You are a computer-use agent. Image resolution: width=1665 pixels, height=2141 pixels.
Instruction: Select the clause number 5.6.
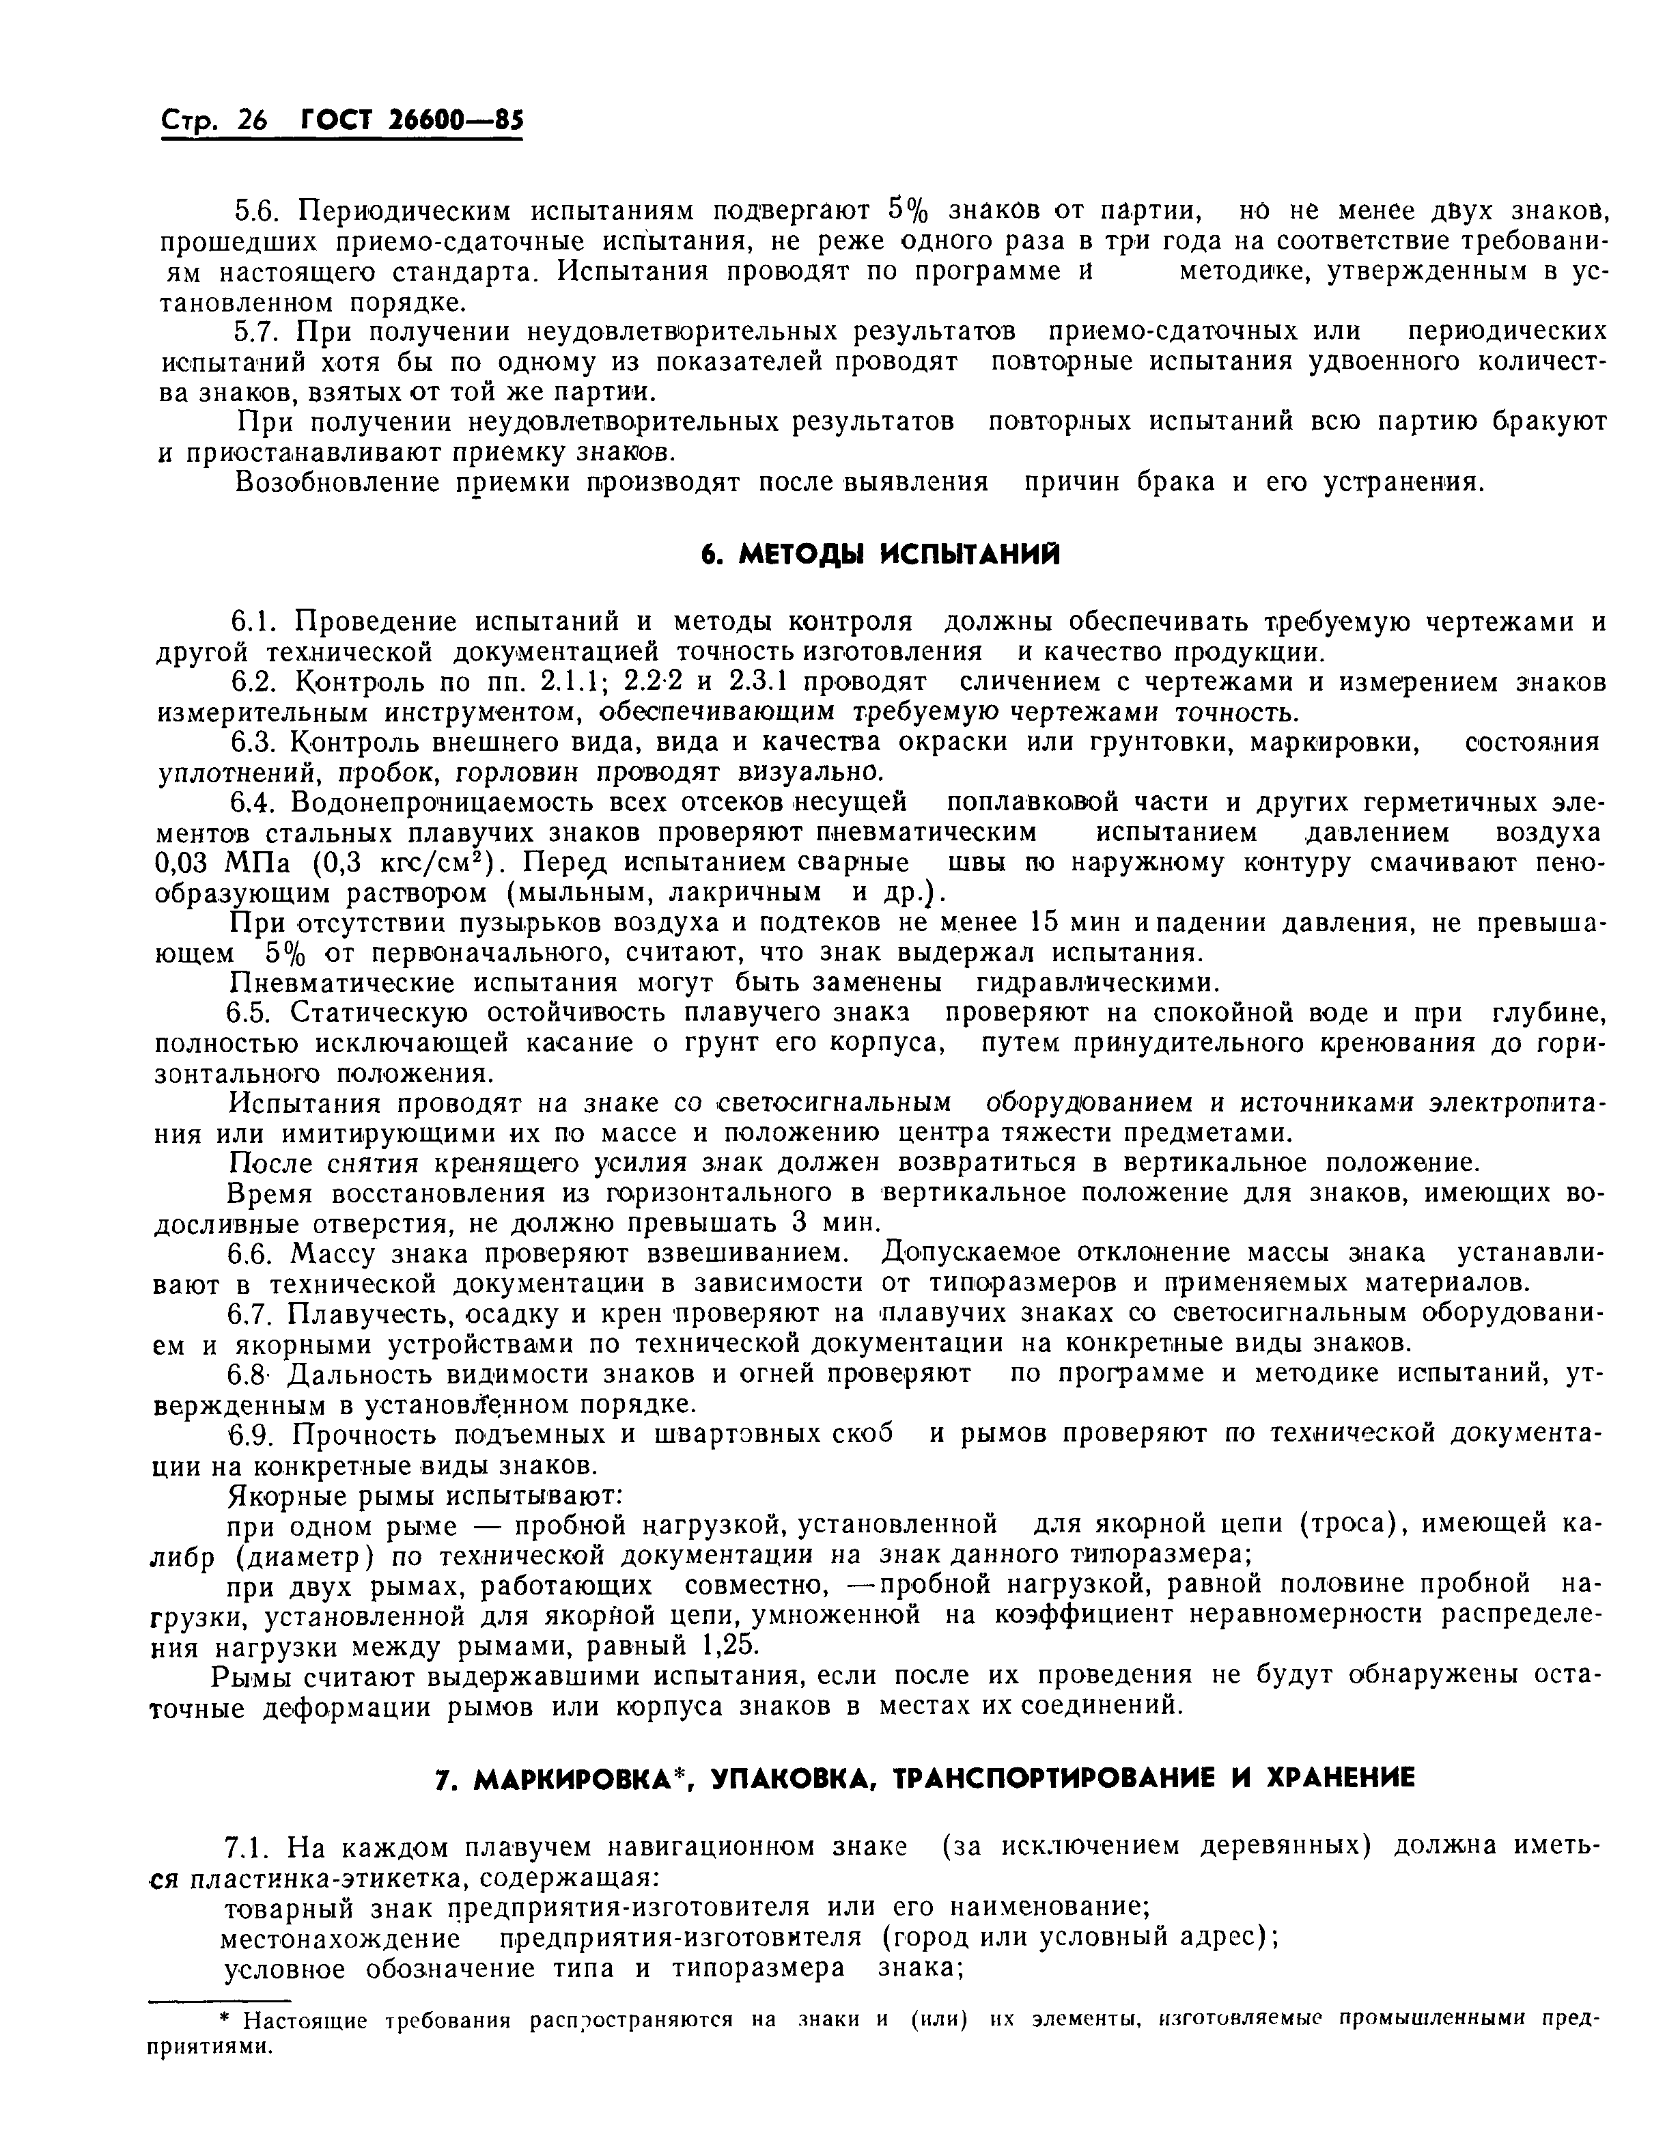click(257, 211)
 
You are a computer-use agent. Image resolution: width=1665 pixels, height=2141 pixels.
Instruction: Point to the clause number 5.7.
click(257, 331)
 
